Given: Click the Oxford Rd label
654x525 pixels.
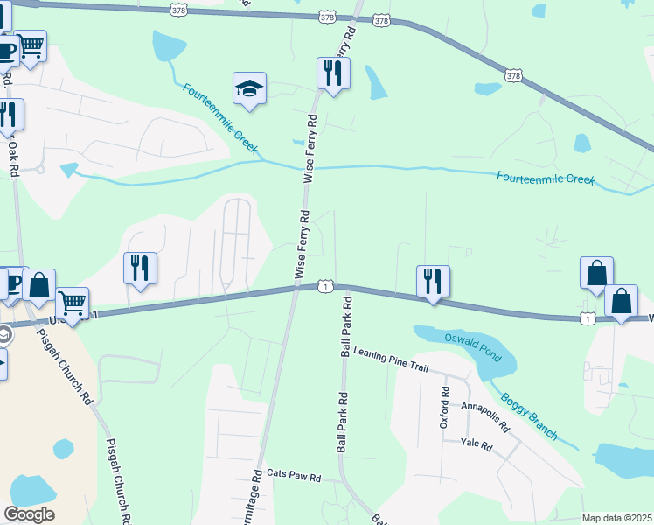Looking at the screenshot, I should click(444, 409).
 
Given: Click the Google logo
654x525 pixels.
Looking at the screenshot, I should click(29, 514).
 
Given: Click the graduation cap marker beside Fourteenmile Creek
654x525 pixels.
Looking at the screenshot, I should click(249, 89).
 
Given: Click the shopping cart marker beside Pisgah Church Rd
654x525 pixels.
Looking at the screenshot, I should click(73, 304).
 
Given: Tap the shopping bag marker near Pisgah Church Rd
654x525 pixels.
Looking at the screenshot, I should click(39, 284).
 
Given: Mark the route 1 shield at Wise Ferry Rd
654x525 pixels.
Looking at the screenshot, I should click(324, 286).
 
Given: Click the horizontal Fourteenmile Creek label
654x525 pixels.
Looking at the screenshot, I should click(546, 178).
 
